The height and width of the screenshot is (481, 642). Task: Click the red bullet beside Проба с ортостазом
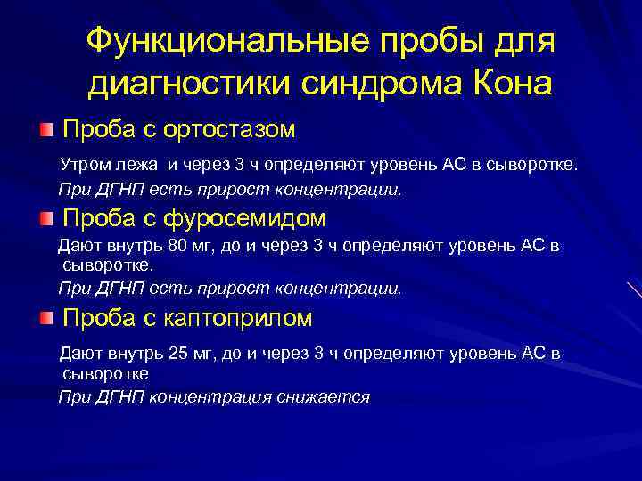coord(46,130)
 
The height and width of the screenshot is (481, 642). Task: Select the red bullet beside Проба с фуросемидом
coord(46,218)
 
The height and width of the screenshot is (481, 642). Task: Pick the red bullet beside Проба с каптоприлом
coord(46,318)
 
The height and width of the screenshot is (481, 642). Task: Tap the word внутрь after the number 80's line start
coord(132,246)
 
